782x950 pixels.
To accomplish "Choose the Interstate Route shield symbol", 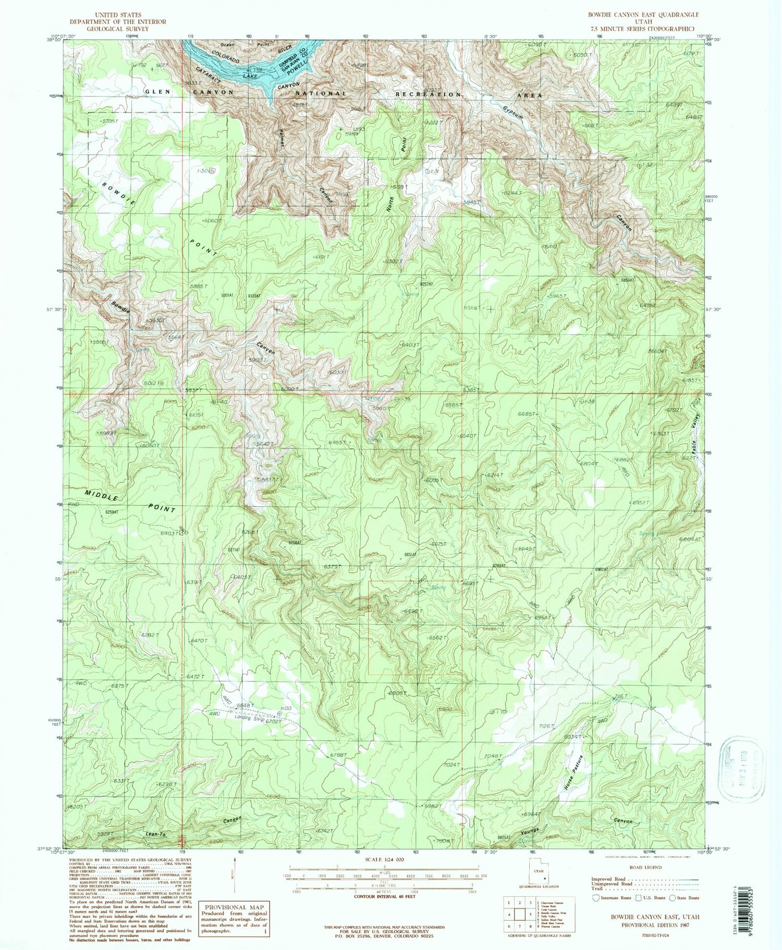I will pyautogui.click(x=596, y=898).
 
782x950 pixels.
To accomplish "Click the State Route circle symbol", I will pyautogui.click(x=673, y=898).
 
